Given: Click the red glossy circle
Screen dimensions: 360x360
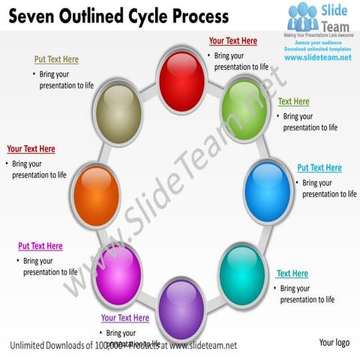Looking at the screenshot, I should [x=181, y=82].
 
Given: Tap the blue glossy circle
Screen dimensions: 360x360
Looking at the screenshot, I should [x=268, y=190].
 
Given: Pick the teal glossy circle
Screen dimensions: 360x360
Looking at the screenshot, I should [x=242, y=274].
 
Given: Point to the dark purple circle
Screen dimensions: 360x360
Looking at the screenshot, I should [x=181, y=306].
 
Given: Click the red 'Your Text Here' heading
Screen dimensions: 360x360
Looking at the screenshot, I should [x=232, y=41].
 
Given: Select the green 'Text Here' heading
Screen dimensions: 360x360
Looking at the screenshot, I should [x=293, y=101].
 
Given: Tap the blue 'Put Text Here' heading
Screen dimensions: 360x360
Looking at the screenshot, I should [x=319, y=168].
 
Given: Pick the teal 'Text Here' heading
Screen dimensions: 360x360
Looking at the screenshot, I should [x=292, y=274].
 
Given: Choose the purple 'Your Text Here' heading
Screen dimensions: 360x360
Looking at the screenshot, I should [x=124, y=318].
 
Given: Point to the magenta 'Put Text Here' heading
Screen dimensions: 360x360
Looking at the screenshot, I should [x=40, y=246].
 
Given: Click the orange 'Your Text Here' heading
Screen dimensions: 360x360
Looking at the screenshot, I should [x=31, y=149].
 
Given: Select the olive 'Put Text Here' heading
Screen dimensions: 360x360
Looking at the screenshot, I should [x=56, y=59].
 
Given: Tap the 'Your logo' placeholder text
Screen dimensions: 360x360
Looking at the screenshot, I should [x=334, y=343].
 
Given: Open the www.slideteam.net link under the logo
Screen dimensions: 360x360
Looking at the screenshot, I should [x=317, y=58].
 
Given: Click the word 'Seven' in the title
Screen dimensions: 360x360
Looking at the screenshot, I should [x=33, y=16].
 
